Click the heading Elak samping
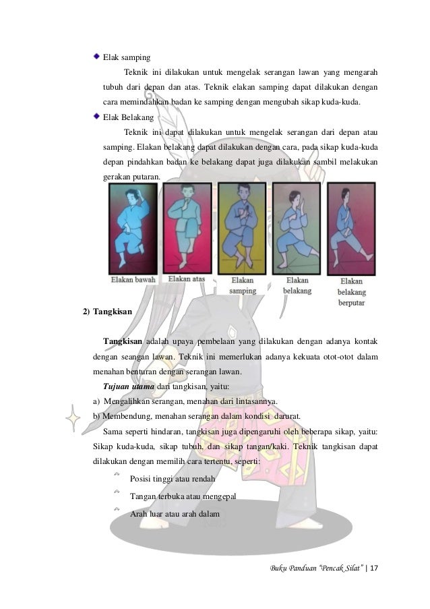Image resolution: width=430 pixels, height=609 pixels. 127,57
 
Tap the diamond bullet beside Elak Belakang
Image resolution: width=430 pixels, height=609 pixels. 96,116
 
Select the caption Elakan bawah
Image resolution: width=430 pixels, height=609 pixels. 133,280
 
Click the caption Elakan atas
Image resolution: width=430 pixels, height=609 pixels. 186,279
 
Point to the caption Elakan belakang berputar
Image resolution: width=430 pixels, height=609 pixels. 352,292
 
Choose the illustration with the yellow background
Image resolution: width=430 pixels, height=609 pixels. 242,229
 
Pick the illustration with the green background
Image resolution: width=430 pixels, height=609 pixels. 297,229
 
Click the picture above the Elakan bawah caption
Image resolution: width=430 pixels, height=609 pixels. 133,229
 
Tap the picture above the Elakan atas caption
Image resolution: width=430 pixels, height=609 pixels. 187,228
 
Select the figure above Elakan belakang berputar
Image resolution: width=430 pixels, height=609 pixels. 352,229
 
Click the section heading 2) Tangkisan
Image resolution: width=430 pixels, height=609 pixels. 108,312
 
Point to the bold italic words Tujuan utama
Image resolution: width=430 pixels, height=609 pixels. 129,386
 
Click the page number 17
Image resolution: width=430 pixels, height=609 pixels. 374,568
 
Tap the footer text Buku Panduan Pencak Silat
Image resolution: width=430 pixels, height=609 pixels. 317,569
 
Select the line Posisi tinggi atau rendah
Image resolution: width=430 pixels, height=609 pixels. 173,479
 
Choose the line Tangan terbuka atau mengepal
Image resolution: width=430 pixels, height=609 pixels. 183,496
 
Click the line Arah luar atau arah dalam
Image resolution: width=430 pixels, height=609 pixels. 175,514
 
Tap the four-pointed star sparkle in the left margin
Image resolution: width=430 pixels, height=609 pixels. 73,418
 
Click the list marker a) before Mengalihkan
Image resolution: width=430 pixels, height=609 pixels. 96,401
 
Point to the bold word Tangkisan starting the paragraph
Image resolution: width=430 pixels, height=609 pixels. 122,341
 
